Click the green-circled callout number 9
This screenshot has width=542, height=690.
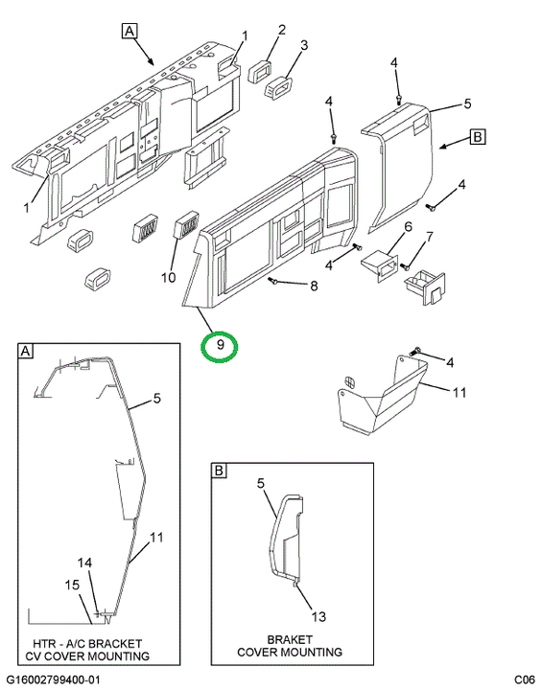[221, 345]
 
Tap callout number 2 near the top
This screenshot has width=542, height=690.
[281, 30]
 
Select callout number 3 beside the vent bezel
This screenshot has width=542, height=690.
[304, 45]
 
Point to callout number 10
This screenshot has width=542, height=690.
[168, 277]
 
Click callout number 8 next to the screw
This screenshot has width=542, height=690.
[314, 286]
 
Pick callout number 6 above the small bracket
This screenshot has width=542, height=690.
[408, 226]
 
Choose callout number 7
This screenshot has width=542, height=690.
[429, 238]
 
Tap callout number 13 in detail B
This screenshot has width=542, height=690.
[318, 616]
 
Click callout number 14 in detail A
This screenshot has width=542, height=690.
[85, 563]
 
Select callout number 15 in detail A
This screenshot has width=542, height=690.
[72, 585]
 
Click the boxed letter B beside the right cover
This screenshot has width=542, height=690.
[477, 137]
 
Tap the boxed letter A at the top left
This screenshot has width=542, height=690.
[130, 31]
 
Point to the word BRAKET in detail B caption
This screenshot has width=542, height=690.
[290, 639]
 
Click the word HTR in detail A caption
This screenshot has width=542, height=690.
[43, 644]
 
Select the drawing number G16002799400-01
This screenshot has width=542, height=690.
[53, 679]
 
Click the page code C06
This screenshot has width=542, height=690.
[525, 679]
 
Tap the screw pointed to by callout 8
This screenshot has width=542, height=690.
[271, 281]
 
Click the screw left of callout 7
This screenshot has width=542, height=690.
[406, 265]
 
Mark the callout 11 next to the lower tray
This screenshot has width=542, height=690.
[460, 392]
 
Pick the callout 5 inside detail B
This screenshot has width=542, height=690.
[261, 484]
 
